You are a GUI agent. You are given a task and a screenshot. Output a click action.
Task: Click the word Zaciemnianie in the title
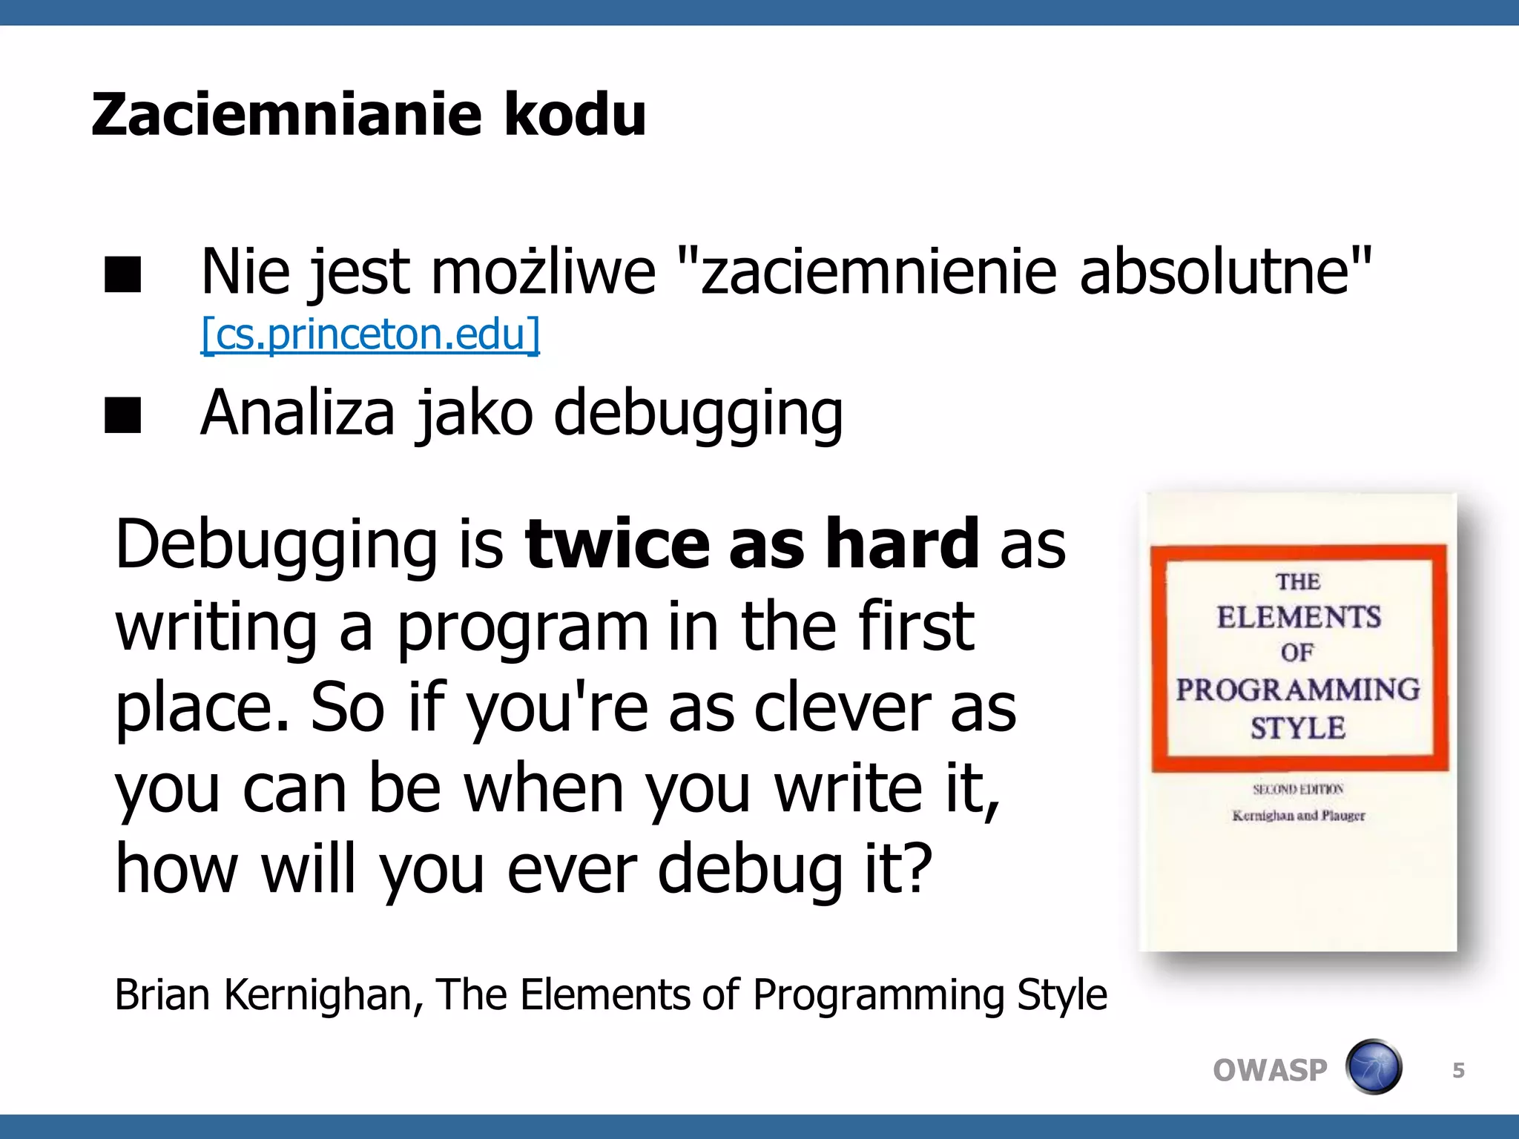[x=286, y=115]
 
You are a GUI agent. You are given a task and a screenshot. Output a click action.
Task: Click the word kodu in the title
[x=575, y=115]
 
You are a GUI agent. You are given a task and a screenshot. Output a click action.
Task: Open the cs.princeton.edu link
[x=370, y=334]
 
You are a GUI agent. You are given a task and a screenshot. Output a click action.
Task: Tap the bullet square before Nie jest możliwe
[x=122, y=275]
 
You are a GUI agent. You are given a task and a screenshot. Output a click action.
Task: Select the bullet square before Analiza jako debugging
[x=122, y=415]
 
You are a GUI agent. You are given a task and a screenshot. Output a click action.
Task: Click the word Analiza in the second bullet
[x=297, y=412]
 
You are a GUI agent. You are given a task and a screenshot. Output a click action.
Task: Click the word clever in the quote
[x=842, y=707]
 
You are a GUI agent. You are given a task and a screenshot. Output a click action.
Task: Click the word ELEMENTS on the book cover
[x=1299, y=617]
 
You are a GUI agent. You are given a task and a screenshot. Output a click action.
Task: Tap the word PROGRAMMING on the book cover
[x=1298, y=690]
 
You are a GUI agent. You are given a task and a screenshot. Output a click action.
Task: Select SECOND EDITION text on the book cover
[x=1298, y=789]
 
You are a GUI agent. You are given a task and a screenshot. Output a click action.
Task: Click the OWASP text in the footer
[x=1270, y=1070]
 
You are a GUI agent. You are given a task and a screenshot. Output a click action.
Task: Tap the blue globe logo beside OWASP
[x=1374, y=1067]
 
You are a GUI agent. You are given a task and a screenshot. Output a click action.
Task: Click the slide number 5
[x=1458, y=1070]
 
